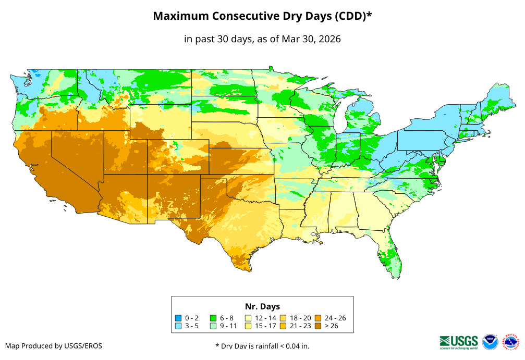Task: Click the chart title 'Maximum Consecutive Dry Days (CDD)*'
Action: [262, 16]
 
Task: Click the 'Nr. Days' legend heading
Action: [262, 306]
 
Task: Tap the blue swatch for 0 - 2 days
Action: [178, 318]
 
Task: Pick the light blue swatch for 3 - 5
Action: [178, 326]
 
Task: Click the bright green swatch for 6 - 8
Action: [213, 318]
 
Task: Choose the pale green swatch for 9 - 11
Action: [213, 326]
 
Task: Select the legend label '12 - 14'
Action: [265, 318]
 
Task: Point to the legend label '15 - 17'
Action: [265, 326]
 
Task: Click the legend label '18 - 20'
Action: [300, 318]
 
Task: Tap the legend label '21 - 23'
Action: [300, 326]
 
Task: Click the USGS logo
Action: [459, 342]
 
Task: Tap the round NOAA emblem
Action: [490, 342]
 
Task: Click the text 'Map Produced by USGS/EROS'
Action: [54, 346]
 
